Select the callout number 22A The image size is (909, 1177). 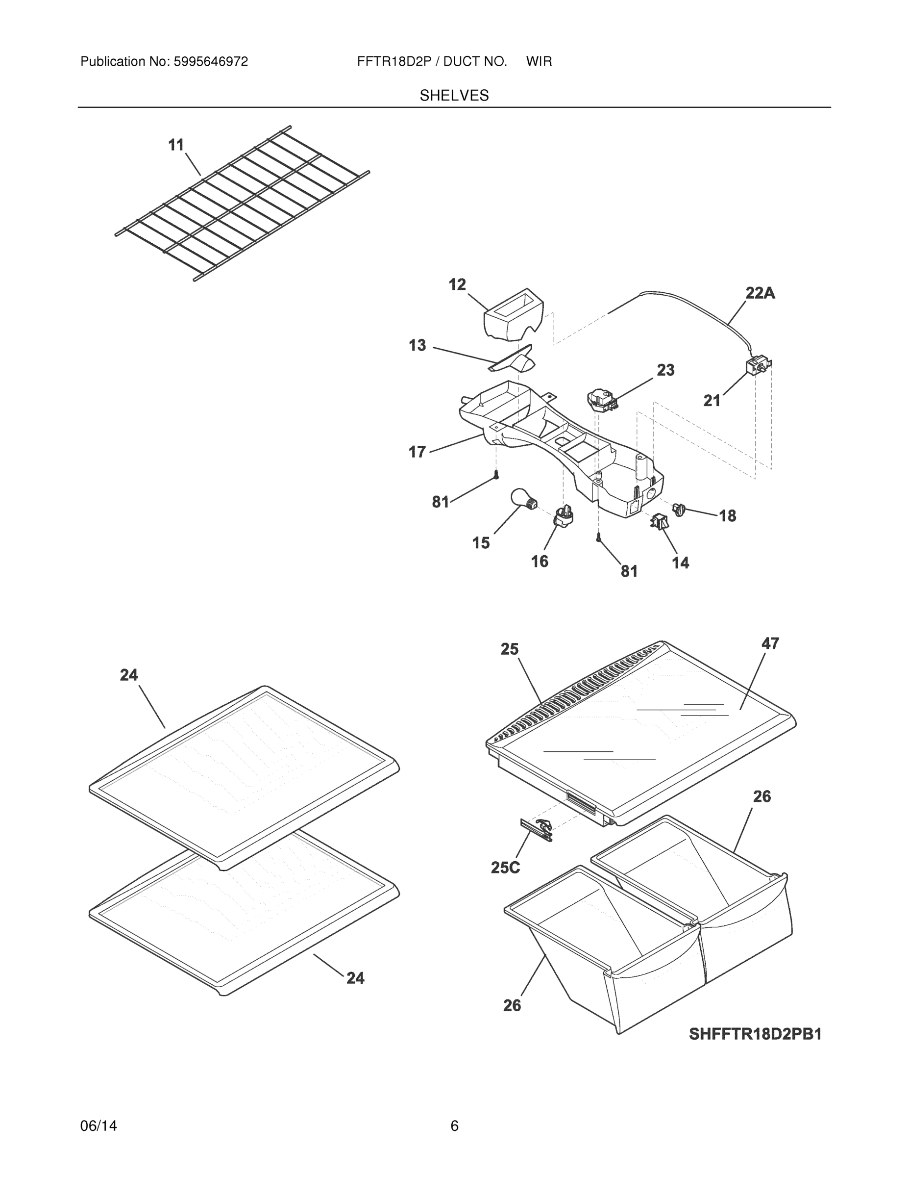pyautogui.click(x=760, y=293)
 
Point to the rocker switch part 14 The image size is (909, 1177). pyautogui.click(x=659, y=521)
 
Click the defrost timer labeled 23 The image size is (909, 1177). pyautogui.click(x=602, y=400)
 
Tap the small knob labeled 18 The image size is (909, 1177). pyautogui.click(x=679, y=508)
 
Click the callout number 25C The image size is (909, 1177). pyautogui.click(x=505, y=868)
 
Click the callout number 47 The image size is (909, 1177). pyautogui.click(x=770, y=643)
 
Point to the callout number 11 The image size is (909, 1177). pyautogui.click(x=176, y=145)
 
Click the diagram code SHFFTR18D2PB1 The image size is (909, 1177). pyautogui.click(x=755, y=1034)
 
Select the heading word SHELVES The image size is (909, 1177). pyautogui.click(x=454, y=96)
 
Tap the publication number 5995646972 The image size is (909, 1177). pyautogui.click(x=210, y=61)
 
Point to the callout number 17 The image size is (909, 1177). pyautogui.click(x=417, y=452)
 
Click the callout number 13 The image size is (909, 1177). pyautogui.click(x=417, y=345)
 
